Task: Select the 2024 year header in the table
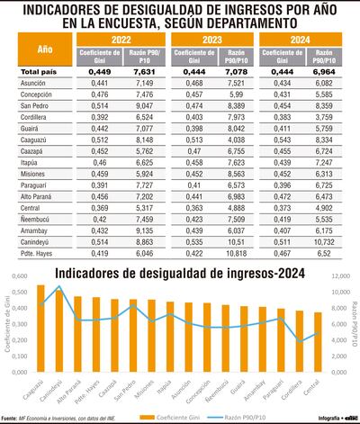[x=304, y=41]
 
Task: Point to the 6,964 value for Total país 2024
[x=328, y=71]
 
